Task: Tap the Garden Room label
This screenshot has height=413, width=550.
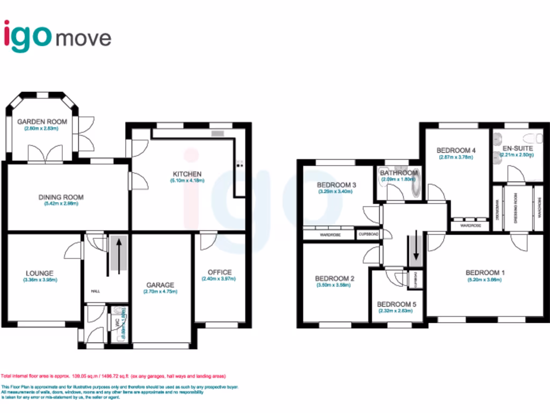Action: click(42, 122)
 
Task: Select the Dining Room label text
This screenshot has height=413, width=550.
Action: click(61, 197)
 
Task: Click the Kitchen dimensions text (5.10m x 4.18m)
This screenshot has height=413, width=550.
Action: click(187, 181)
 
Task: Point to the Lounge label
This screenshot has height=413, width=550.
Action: click(38, 273)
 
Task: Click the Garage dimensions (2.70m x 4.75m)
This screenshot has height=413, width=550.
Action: click(160, 291)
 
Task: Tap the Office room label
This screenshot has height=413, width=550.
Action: click(216, 272)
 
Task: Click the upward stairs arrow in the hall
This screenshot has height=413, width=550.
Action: click(118, 250)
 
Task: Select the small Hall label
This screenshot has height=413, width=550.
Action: click(96, 291)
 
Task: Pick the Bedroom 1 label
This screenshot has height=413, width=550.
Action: click(485, 273)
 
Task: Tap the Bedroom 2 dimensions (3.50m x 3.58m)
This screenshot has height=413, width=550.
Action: click(335, 285)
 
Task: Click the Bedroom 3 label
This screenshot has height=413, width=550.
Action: click(337, 185)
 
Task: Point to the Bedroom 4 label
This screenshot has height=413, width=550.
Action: click(456, 150)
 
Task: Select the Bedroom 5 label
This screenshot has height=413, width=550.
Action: click(396, 304)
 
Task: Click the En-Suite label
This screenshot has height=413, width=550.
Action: click(518, 147)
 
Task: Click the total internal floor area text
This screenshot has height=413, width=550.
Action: click(113, 376)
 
